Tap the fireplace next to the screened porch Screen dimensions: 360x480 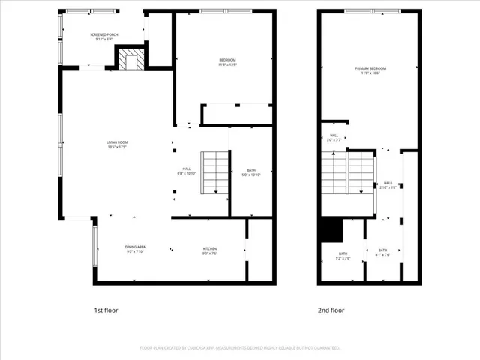coord(130,59)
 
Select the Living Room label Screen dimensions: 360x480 coord(116,145)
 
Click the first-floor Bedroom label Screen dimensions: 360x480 coord(227,61)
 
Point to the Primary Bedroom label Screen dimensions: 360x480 coord(367,70)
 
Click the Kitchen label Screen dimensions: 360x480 coord(210,250)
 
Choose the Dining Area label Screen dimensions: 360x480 coord(135,250)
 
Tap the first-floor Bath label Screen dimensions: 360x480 coord(251,172)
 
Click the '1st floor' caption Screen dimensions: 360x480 coord(106,310)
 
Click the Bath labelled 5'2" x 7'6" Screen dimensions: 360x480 coord(343,256)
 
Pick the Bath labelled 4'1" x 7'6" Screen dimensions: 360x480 coord(382,252)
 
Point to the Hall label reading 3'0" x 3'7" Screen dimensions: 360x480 coord(334,137)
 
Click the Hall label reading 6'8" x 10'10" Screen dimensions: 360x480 coord(186,171)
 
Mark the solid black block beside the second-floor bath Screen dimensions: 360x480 coord(329,229)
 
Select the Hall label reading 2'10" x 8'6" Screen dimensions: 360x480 coord(388,184)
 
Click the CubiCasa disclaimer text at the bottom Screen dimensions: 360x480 coord(240,348)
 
